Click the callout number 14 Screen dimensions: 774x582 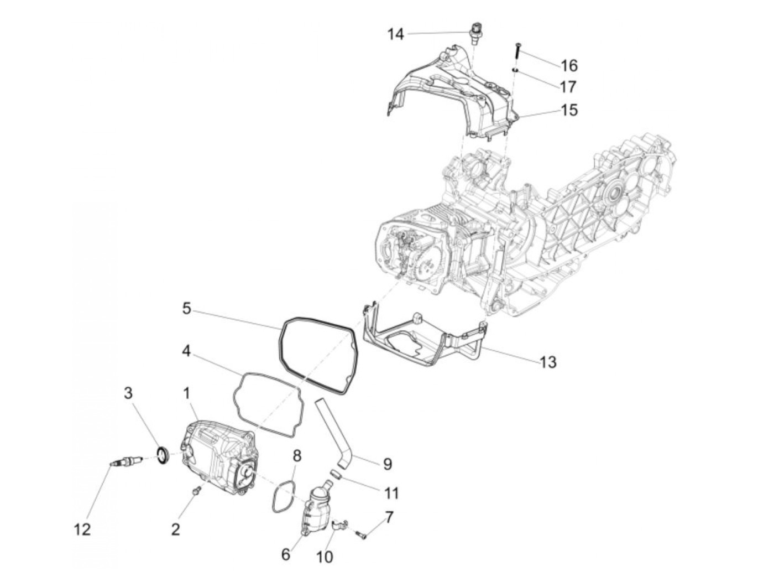tap(395, 34)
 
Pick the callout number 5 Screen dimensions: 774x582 tap(187, 308)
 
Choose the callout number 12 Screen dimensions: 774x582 tap(82, 529)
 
